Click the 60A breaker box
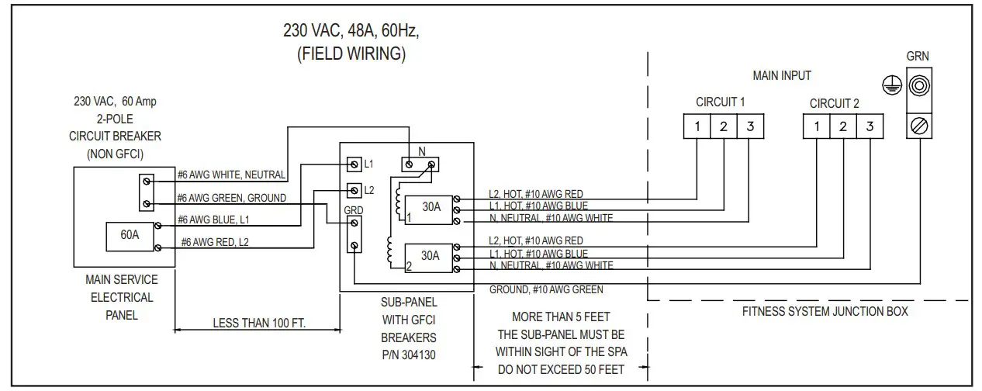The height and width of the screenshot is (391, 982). tap(130, 235)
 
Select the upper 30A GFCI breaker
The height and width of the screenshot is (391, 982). tap(430, 208)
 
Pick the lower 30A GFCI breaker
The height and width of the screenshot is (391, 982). tap(430, 255)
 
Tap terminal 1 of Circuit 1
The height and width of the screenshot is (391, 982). tap(697, 126)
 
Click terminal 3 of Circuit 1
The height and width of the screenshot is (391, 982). tap(749, 126)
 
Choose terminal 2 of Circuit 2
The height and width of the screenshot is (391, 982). tap(842, 126)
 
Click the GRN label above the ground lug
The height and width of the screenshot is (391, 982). tap(918, 57)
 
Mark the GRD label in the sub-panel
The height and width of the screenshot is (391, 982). tap(353, 209)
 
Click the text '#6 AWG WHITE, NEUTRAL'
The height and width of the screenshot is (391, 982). tap(231, 175)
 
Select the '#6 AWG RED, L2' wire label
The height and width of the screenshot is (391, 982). tap(216, 243)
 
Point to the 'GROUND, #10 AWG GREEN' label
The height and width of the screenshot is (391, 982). tap(546, 289)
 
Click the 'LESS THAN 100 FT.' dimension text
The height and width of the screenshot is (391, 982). tap(258, 324)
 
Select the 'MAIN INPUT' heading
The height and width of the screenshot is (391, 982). tap(781, 76)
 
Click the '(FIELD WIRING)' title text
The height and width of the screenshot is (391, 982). tap(351, 55)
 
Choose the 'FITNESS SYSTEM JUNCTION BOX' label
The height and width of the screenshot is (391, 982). tap(825, 312)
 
